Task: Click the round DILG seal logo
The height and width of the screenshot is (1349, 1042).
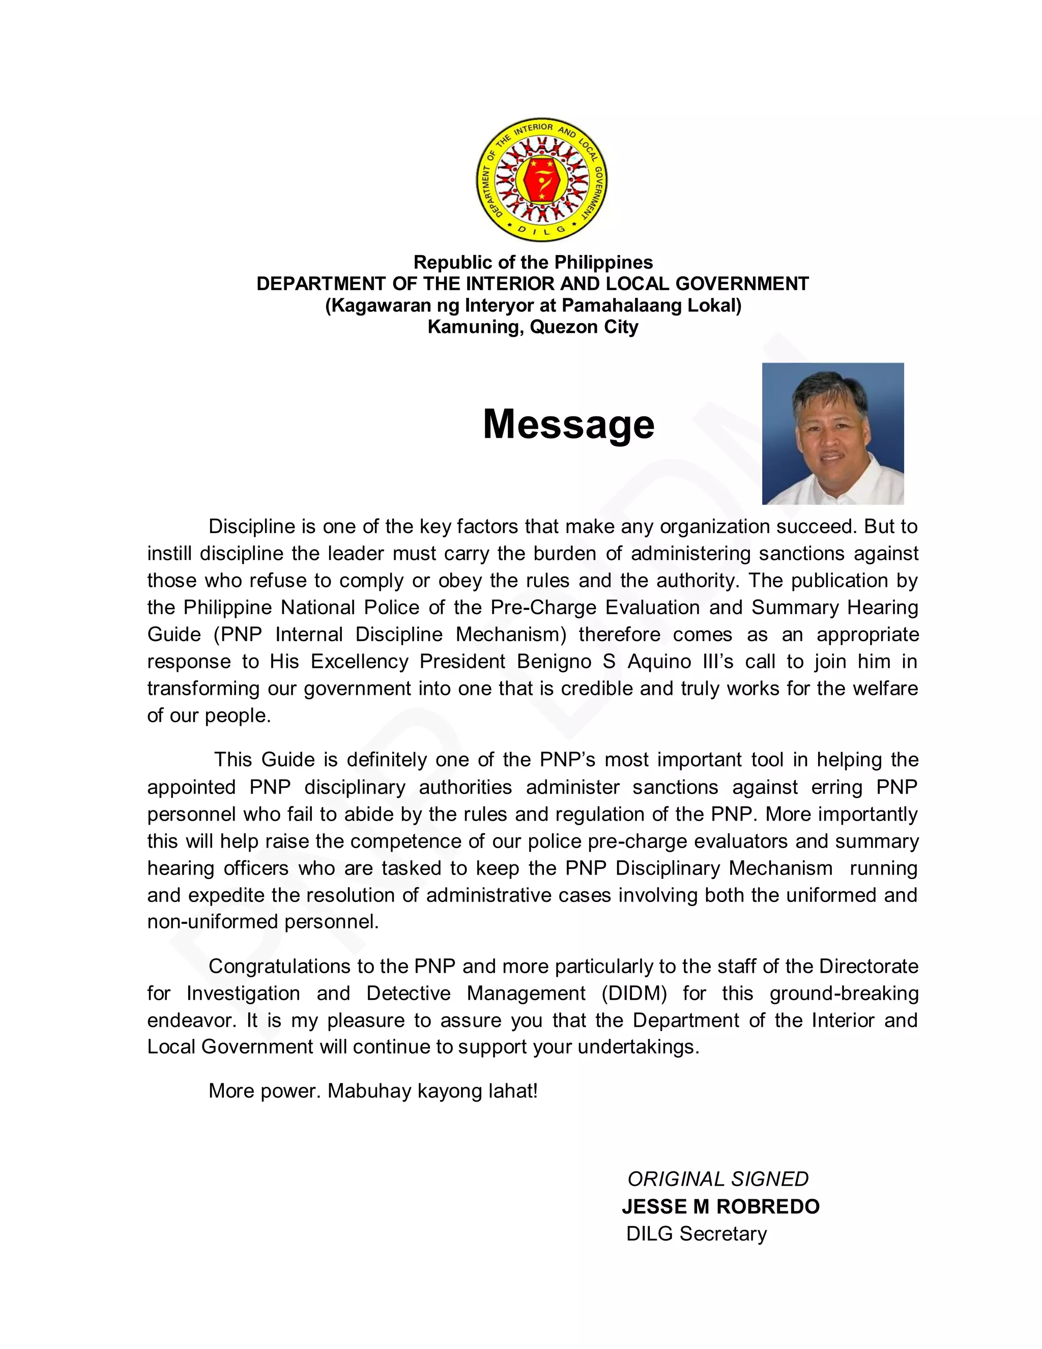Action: pyautogui.click(x=542, y=180)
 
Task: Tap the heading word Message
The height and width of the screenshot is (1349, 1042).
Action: pyautogui.click(x=568, y=425)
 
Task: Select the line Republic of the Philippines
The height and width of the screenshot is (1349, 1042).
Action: pyautogui.click(x=533, y=263)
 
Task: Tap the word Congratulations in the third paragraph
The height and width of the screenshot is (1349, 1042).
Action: pyautogui.click(x=278, y=966)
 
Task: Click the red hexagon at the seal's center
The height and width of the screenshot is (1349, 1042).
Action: pyautogui.click(x=542, y=180)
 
